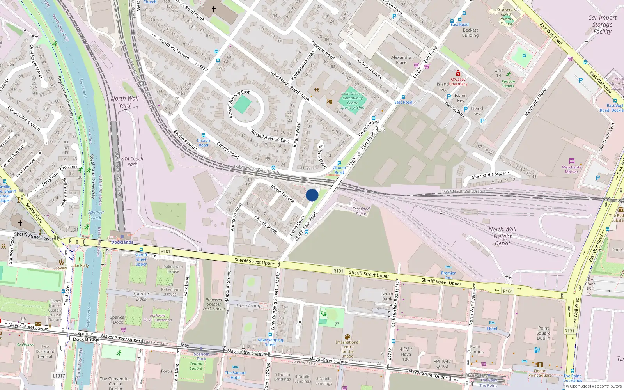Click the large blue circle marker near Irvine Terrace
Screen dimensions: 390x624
312,195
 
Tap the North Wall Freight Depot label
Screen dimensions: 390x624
502,236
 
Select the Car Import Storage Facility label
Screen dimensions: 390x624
602,25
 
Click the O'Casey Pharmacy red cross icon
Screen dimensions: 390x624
458,73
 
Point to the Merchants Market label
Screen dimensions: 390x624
571,170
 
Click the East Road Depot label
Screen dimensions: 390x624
361,211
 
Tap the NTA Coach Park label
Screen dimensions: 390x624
132,161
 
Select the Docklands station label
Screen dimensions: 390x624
122,242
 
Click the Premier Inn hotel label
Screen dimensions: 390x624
448,275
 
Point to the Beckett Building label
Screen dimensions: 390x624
470,33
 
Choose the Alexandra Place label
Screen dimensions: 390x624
401,60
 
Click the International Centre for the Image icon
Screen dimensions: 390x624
347,337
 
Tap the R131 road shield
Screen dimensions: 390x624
569,331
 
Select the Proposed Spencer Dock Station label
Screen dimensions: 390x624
214,304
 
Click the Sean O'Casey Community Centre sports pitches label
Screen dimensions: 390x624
353,101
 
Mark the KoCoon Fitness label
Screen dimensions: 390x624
508,83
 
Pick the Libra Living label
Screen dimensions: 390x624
248,305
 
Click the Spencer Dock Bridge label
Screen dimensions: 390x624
87,336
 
